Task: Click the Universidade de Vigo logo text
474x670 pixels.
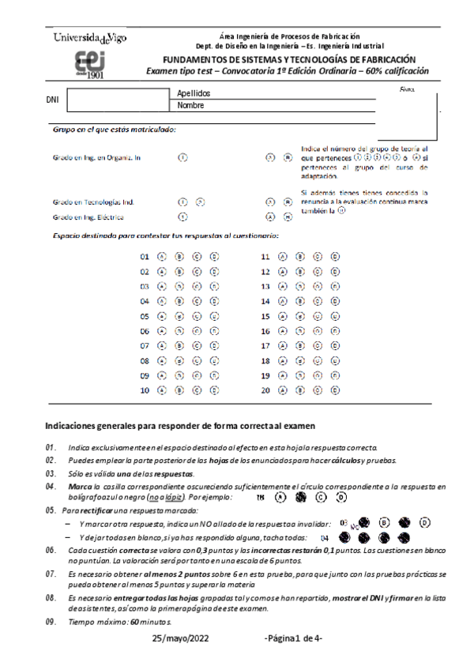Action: (90, 37)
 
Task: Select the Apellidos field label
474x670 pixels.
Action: (194, 93)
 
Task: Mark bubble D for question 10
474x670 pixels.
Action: (215, 390)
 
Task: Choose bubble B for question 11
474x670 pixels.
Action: (299, 257)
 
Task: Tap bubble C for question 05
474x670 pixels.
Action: (197, 316)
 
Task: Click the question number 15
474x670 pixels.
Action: (265, 316)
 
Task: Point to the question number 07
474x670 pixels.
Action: (145, 346)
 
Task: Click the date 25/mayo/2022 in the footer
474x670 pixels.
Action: (183, 638)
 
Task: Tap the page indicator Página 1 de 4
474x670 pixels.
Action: (292, 638)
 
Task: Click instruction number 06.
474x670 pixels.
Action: (50, 549)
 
